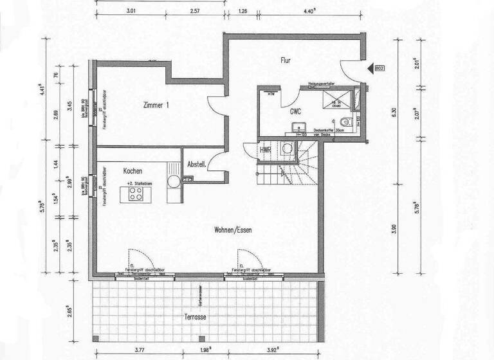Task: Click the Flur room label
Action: (287, 60)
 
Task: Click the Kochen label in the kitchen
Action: (132, 172)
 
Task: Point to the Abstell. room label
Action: (196, 165)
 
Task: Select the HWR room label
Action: (266, 150)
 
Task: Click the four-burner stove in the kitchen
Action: (136, 194)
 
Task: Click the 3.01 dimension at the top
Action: (132, 10)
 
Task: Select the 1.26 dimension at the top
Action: (242, 10)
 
